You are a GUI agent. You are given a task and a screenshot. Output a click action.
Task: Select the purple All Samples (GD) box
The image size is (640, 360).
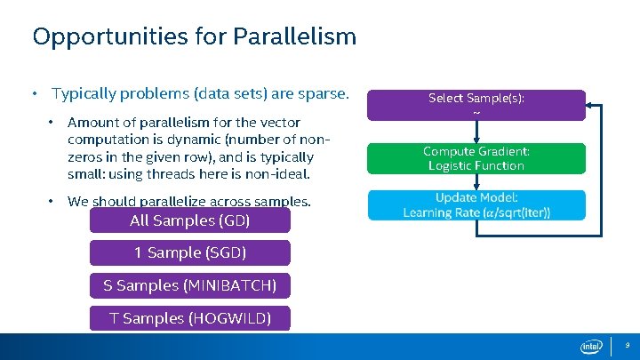pyautogui.click(x=189, y=220)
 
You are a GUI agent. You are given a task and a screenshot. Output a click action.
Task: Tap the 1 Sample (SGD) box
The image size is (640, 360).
pyautogui.click(x=189, y=252)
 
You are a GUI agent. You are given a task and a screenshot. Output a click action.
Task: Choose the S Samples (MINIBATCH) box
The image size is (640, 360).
pyautogui.click(x=189, y=285)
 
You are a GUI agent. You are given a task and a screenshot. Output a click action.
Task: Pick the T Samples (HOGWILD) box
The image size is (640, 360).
pyautogui.click(x=189, y=317)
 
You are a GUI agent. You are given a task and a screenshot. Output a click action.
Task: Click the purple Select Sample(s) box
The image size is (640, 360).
pyautogui.click(x=476, y=105)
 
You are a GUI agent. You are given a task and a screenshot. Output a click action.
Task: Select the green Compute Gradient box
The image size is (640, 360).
pyautogui.click(x=476, y=158)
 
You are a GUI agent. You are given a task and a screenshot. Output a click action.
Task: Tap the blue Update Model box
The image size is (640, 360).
pyautogui.click(x=476, y=204)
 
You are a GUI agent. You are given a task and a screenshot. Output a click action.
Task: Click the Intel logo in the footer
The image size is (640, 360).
pyautogui.click(x=591, y=346)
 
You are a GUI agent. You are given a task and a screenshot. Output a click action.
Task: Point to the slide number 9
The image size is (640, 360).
pyautogui.click(x=627, y=345)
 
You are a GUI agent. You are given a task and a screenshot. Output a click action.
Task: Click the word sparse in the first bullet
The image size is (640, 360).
pyautogui.click(x=326, y=93)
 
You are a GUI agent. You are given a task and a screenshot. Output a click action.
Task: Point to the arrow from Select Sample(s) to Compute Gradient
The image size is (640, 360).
pyautogui.click(x=476, y=131)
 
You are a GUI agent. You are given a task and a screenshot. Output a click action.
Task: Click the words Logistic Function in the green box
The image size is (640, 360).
pyautogui.click(x=476, y=165)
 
